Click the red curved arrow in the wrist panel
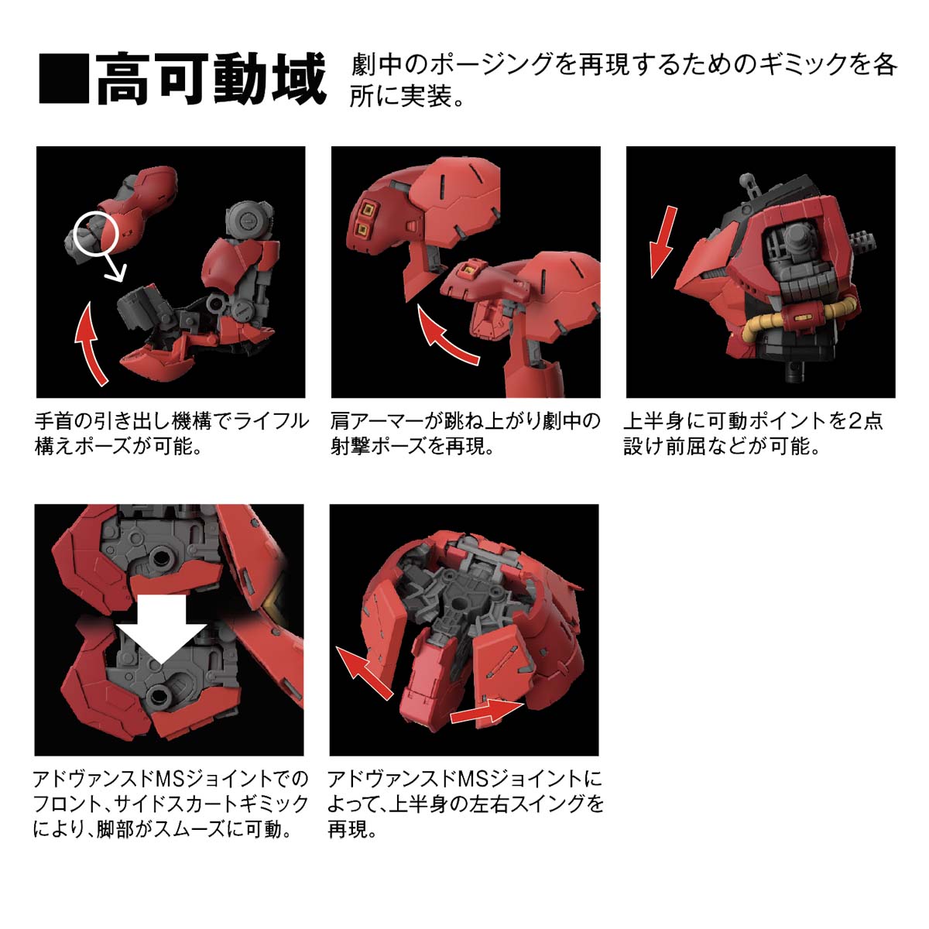(x=89, y=345)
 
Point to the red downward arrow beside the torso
(x=663, y=242)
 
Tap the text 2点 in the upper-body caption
(x=866, y=422)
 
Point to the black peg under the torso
(x=795, y=370)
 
